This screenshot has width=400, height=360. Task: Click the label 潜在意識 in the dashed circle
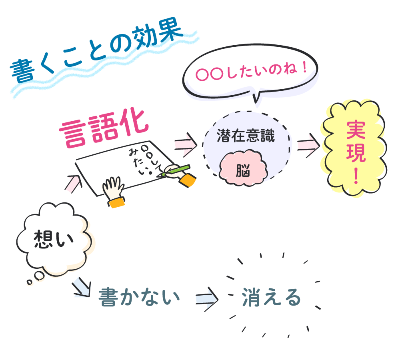tap(246, 136)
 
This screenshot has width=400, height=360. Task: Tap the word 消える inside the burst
tap(271, 298)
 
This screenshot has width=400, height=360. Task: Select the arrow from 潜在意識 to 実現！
tap(308, 144)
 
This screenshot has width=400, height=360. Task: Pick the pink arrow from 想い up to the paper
tap(74, 183)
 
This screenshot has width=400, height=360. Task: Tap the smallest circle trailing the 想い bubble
tap(29, 282)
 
